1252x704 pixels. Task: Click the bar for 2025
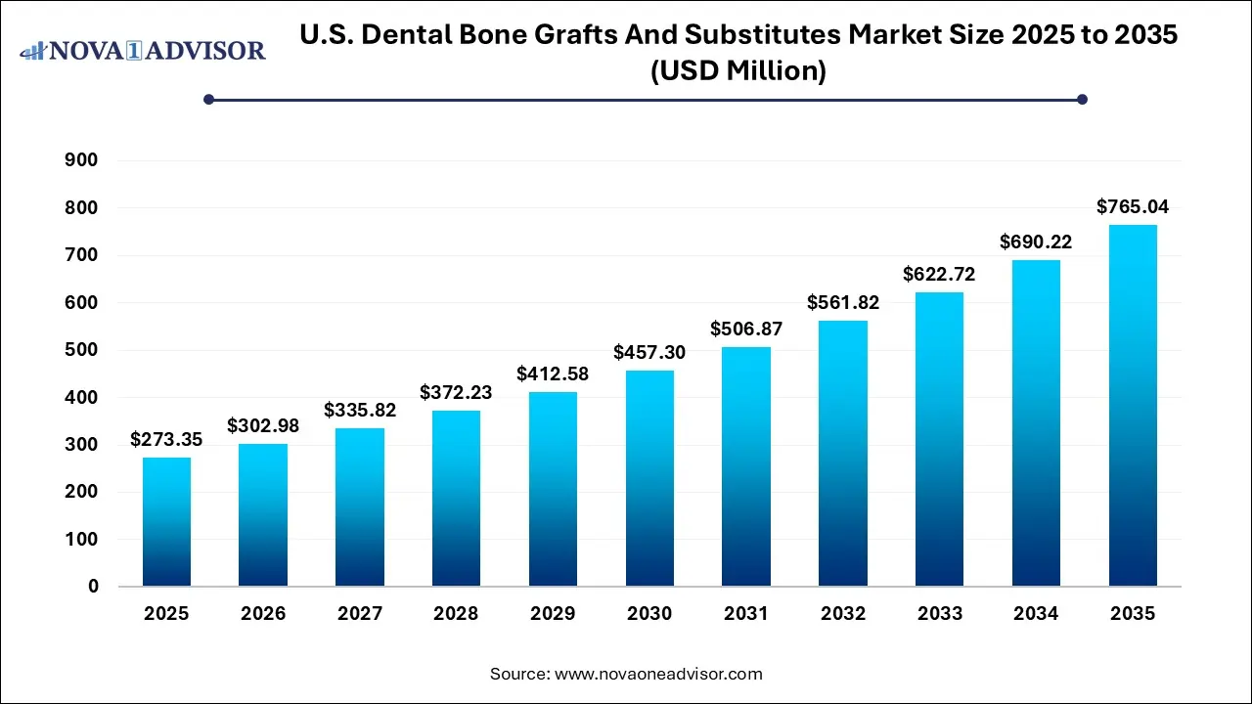166,522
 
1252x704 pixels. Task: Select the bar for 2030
649,478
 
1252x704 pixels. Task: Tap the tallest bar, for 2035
1133,406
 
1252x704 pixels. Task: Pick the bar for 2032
843,454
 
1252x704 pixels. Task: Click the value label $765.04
1133,206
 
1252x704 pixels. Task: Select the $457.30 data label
649,352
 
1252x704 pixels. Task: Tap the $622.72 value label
939,274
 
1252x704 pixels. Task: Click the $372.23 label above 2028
456,392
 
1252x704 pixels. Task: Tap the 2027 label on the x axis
360,614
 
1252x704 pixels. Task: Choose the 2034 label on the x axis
1036,614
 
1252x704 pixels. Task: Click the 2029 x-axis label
553,614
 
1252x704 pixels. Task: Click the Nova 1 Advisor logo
143,50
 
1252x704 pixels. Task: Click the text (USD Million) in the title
738,71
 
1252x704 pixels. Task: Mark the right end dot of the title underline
1082,99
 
